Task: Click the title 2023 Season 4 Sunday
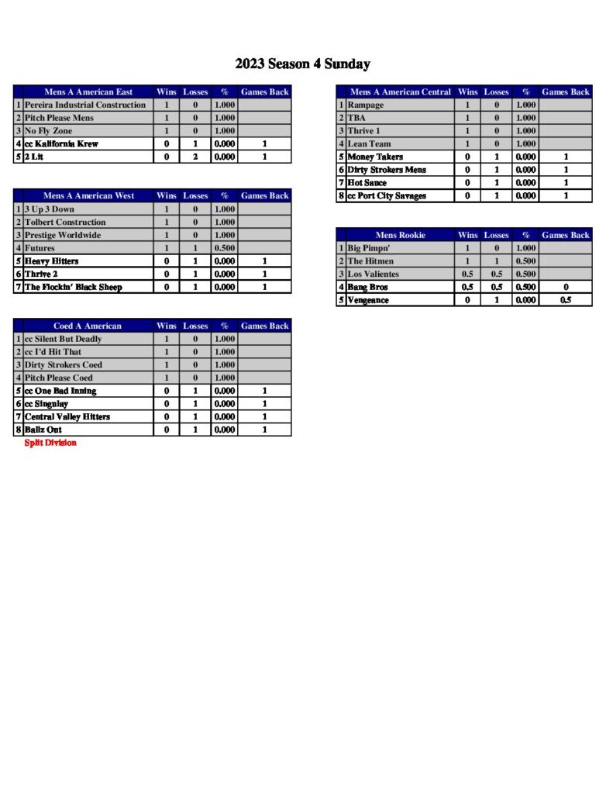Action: (x=302, y=64)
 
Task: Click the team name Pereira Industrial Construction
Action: (x=84, y=105)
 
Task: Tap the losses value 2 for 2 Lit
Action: (x=195, y=157)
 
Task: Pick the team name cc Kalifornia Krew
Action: (x=61, y=143)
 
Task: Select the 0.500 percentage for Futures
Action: (x=224, y=248)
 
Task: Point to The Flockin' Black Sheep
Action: (x=73, y=287)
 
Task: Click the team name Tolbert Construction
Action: (x=64, y=222)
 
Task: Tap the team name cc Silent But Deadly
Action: (x=63, y=339)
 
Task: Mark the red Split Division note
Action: (x=50, y=443)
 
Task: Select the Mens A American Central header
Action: (x=400, y=91)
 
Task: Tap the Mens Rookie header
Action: (x=400, y=234)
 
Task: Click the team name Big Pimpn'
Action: (x=369, y=248)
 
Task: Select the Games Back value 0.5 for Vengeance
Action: (x=566, y=300)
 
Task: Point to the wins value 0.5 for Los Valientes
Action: (x=468, y=274)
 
